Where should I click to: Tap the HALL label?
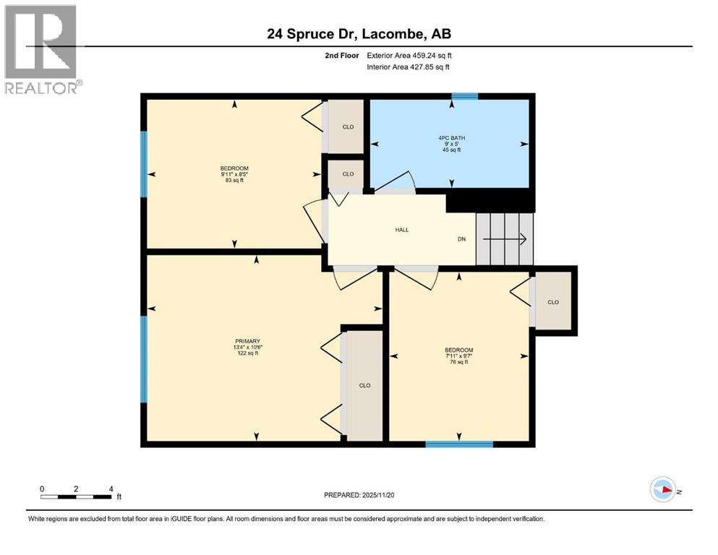click(401, 230)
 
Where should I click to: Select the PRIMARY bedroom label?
click(247, 341)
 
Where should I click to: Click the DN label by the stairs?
click(461, 239)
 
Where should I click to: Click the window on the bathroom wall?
click(464, 96)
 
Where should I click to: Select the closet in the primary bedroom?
click(364, 385)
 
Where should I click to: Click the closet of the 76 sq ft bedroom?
click(553, 301)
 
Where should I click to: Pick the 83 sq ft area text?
click(233, 180)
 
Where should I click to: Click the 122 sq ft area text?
click(247, 353)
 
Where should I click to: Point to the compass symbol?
click(662, 489)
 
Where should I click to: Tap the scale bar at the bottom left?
click(76, 496)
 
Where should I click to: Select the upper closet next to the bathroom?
click(348, 127)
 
